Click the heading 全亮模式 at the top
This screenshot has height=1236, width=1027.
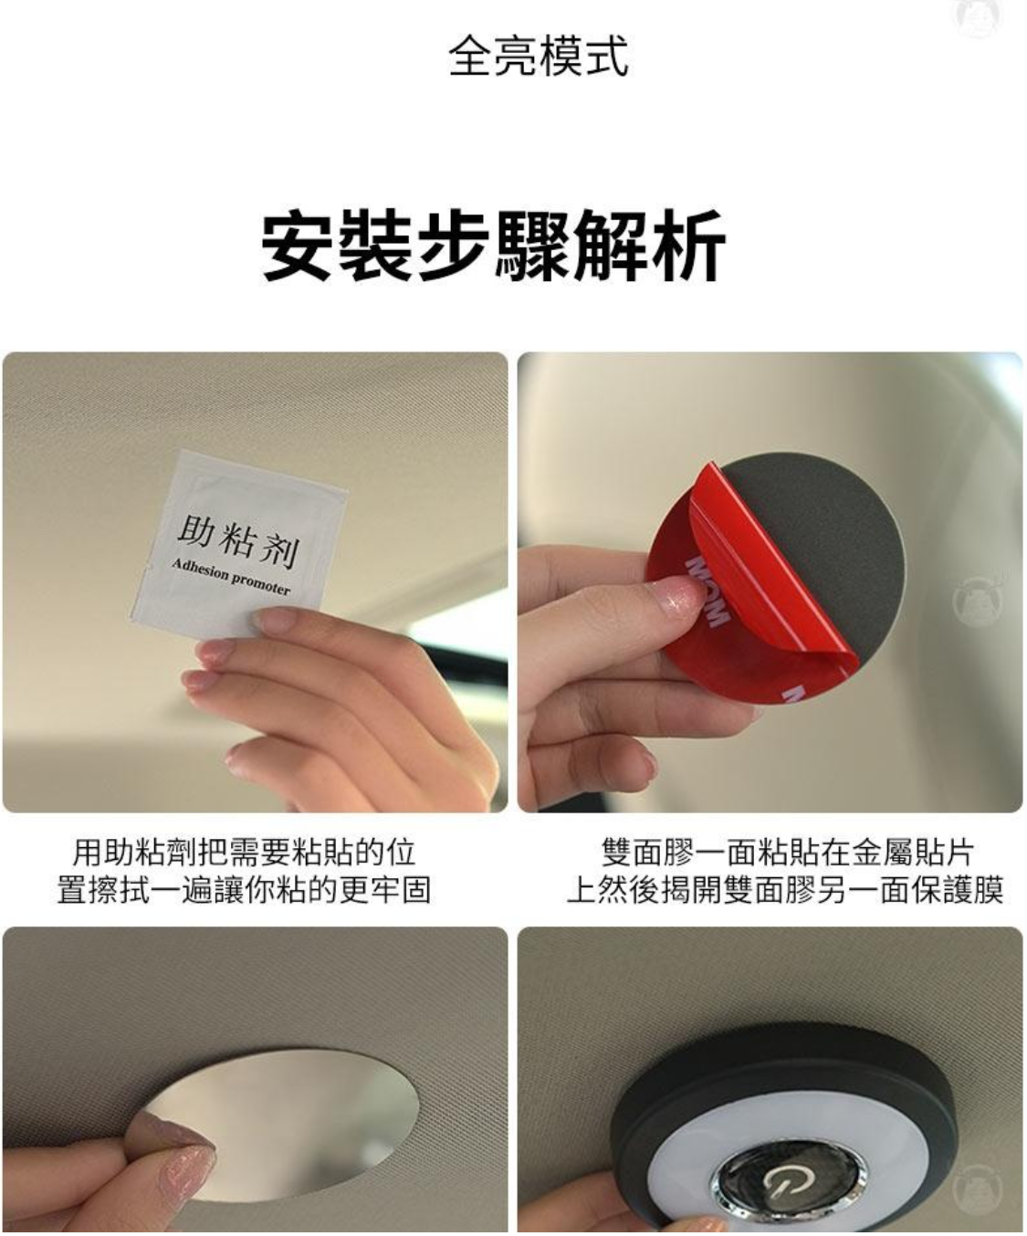538,57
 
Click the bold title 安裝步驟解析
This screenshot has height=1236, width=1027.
494,246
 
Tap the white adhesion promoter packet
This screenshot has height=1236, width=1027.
236,545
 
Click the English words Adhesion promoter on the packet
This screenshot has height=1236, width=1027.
231,577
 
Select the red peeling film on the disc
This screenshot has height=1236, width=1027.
751,598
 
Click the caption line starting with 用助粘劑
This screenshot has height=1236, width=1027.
244,853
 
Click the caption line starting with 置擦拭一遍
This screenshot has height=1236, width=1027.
244,890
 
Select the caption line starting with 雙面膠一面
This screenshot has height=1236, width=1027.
787,853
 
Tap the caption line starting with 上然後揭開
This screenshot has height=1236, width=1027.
785,890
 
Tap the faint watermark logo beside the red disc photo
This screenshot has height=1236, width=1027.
978,601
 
